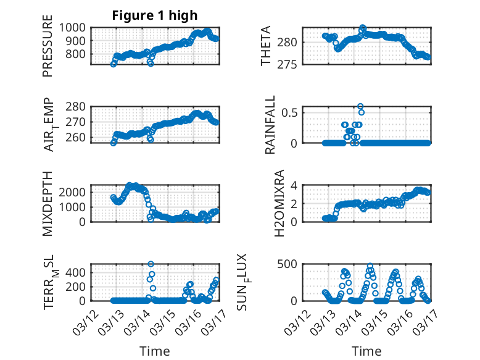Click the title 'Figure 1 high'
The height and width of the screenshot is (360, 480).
pyautogui.click(x=155, y=15)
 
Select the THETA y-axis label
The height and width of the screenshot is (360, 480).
pyautogui.click(x=266, y=46)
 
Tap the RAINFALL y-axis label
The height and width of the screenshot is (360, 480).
pyautogui.click(x=270, y=125)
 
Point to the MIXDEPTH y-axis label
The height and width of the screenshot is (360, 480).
pyautogui.click(x=48, y=203)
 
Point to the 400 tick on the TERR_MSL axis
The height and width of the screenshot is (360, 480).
pyautogui.click(x=78, y=272)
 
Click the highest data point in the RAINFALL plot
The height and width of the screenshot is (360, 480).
pyautogui.click(x=360, y=106)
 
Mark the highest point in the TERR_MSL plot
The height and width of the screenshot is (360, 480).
pyautogui.click(x=151, y=264)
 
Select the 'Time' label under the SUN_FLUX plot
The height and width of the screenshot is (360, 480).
pyautogui.click(x=366, y=351)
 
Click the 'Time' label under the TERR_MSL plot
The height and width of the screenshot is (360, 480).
pyautogui.click(x=155, y=351)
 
